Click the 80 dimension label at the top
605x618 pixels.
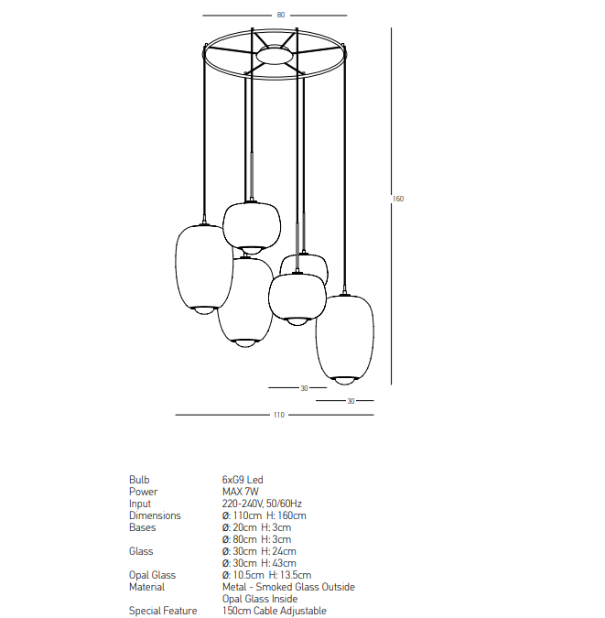281,15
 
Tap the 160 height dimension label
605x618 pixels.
398,199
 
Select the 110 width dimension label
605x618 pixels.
278,415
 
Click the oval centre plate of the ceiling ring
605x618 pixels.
275,56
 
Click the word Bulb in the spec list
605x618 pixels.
139,480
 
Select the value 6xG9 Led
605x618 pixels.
243,480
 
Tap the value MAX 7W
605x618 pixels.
241,492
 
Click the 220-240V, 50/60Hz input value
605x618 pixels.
262,504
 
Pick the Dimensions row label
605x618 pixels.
155,515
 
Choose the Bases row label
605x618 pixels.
142,527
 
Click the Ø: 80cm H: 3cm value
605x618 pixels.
256,539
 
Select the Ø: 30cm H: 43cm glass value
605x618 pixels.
259,563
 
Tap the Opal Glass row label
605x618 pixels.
152,575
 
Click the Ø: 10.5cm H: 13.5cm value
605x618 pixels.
266,575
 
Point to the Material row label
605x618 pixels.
146,587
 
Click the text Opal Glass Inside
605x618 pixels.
260,599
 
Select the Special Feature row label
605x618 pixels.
163,611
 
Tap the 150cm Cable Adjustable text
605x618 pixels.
275,611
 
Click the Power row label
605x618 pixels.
143,492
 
